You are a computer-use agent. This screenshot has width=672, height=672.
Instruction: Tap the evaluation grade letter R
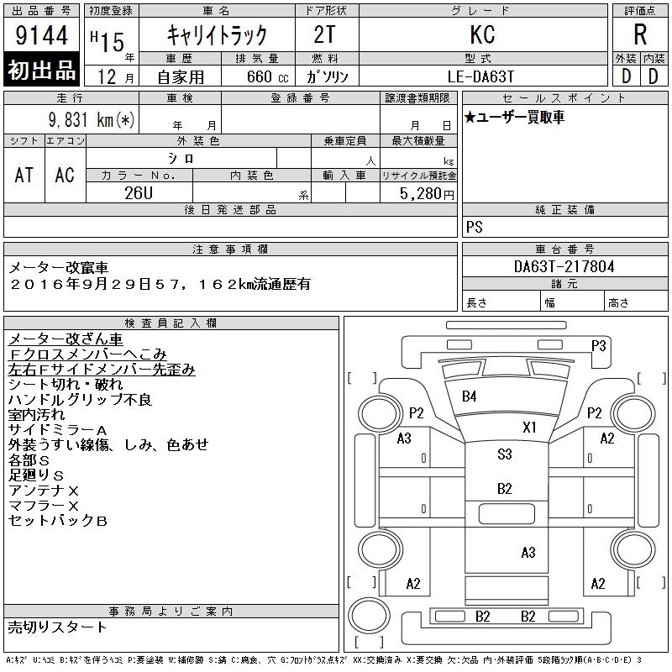[640, 35]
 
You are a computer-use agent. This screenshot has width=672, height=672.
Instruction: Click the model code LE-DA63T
[481, 76]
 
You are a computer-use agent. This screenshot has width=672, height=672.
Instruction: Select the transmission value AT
[24, 175]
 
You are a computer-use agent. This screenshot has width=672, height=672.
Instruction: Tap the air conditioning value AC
[65, 175]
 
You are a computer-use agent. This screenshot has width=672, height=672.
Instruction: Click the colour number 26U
[139, 193]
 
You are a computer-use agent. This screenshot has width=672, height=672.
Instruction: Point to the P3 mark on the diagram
[599, 344]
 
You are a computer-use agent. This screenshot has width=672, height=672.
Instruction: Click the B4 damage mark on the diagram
[469, 396]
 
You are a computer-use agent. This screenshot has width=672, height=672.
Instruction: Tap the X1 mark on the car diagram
[529, 427]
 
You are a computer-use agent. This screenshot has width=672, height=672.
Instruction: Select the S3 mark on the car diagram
[504, 454]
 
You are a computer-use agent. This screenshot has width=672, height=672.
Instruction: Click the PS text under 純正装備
[475, 228]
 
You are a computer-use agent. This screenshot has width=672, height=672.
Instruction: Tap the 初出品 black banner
[42, 71]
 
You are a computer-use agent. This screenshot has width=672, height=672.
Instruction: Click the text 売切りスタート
[58, 627]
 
